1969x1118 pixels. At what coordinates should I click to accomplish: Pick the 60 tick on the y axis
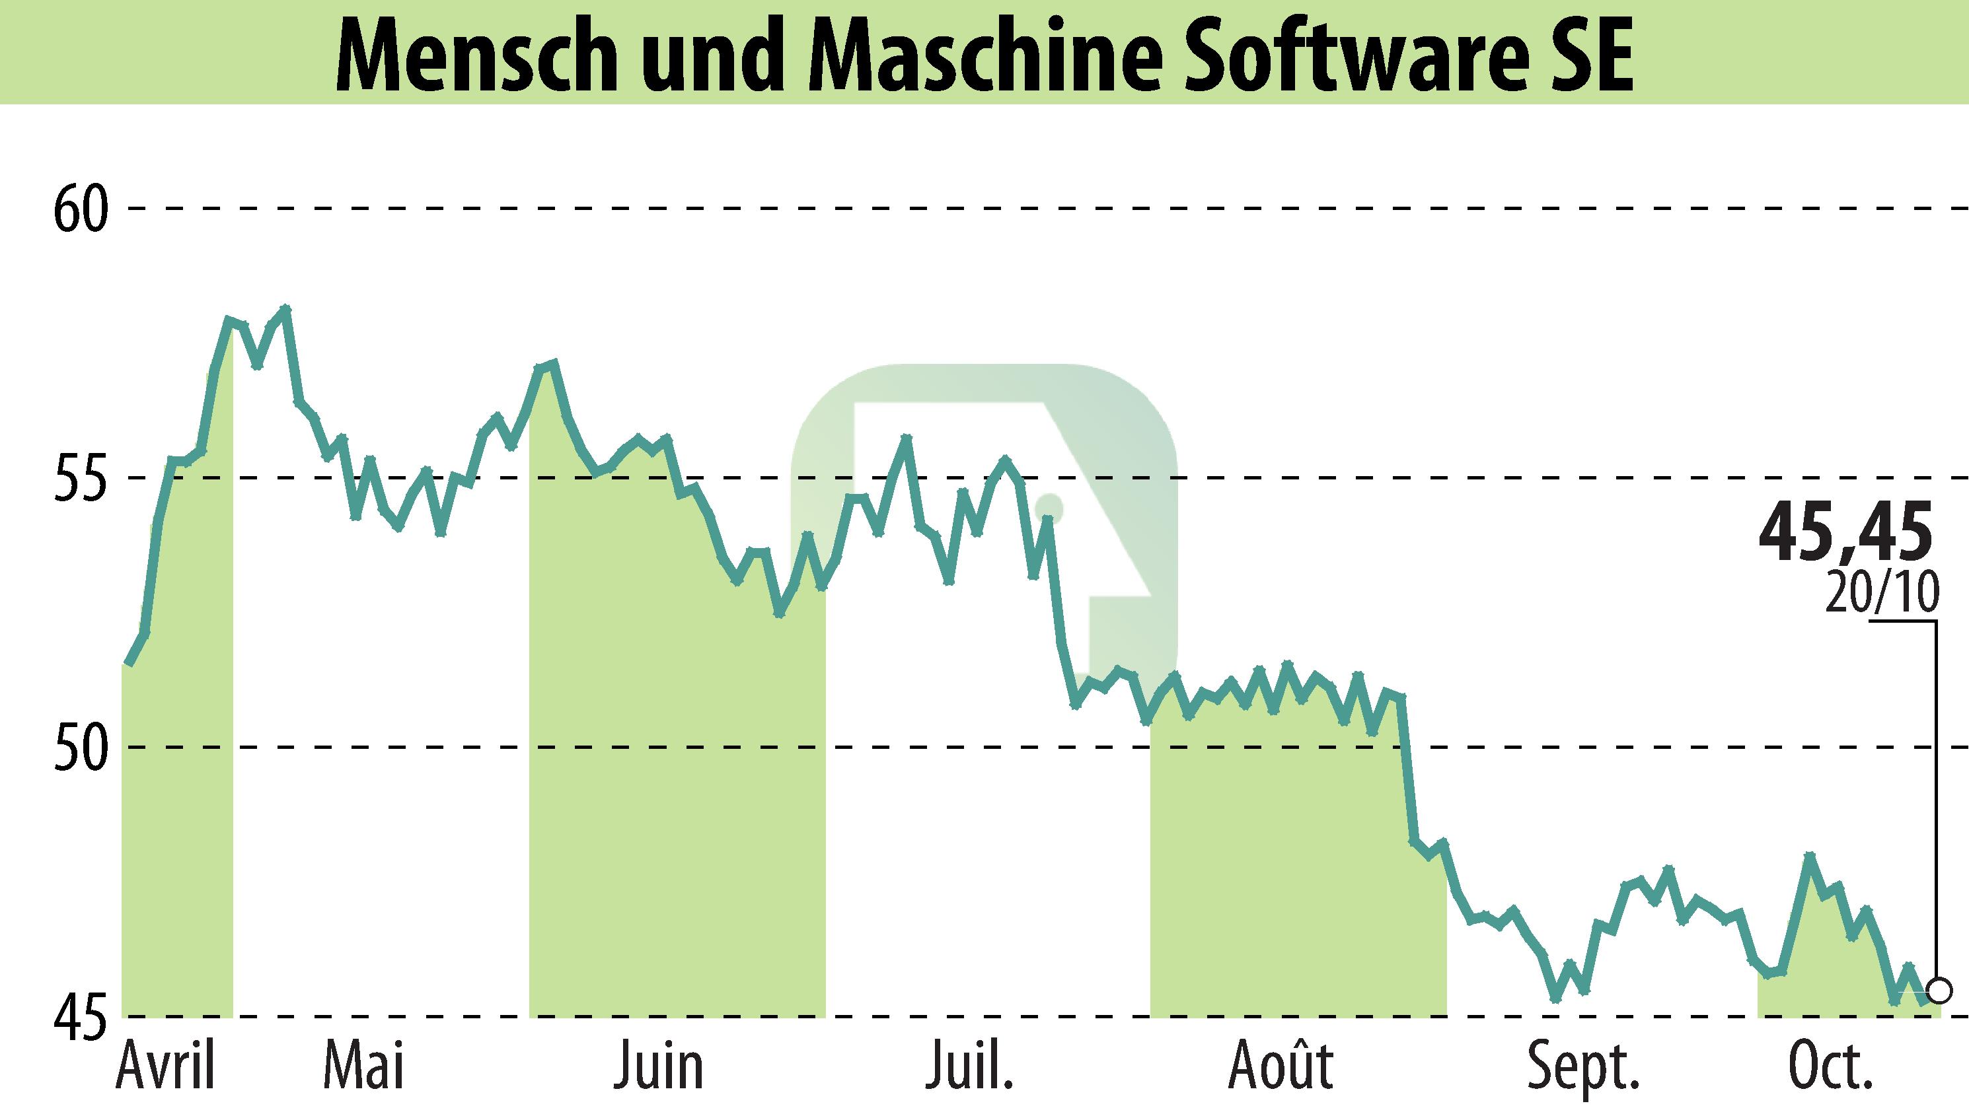79,209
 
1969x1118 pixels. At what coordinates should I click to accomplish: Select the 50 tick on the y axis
79,747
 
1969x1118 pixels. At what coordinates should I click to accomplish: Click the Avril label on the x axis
166,1067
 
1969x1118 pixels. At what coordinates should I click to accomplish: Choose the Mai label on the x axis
363,1067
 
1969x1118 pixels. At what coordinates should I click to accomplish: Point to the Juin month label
658,1067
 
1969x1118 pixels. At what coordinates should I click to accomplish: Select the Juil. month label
969,1067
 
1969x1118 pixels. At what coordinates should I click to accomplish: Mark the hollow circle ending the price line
1939,991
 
